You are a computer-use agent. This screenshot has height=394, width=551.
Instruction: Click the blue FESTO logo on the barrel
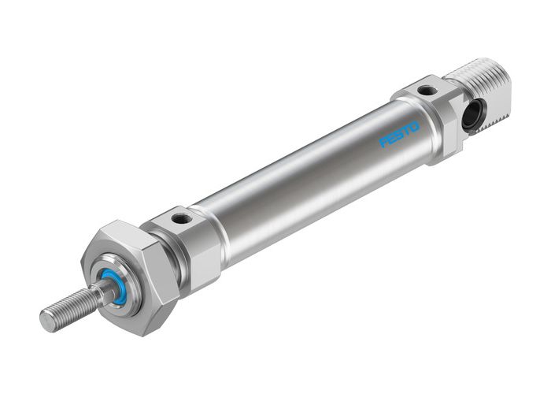(x=401, y=134)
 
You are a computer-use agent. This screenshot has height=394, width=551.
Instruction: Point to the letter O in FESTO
(x=416, y=125)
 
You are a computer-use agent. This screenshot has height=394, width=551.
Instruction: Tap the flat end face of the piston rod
(x=46, y=321)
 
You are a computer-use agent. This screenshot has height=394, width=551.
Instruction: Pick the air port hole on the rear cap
(x=425, y=91)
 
